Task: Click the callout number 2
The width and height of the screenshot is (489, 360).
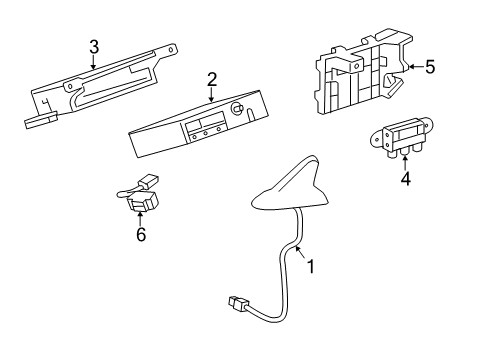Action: pos(212,79)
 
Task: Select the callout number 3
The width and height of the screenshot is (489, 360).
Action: pos(93,46)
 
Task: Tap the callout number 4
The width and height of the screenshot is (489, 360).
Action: pos(405,180)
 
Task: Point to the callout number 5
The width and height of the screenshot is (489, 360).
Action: pos(429,67)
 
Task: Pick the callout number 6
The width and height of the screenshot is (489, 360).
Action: pos(140,234)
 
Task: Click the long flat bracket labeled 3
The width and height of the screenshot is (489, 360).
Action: pos(100,85)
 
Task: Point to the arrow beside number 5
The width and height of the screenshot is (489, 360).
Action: pos(413,68)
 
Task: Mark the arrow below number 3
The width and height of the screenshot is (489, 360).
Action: pos(93,61)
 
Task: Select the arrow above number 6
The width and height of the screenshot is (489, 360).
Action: pos(140,218)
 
